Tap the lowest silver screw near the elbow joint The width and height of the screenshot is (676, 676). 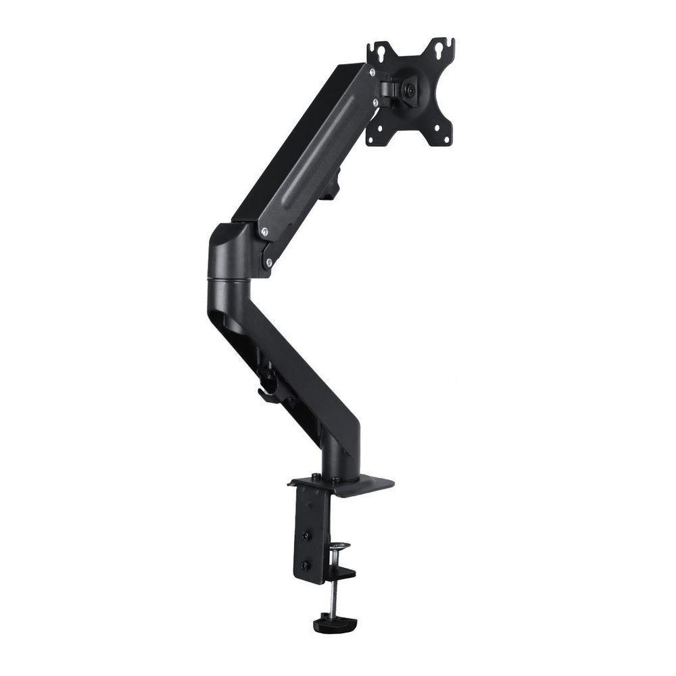pyautogui.click(x=269, y=262)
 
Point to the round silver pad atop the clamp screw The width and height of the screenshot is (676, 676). pyautogui.click(x=340, y=545)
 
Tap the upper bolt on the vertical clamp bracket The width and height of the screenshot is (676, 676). pyautogui.click(x=306, y=535)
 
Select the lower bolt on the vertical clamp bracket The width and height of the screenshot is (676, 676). pyautogui.click(x=306, y=565)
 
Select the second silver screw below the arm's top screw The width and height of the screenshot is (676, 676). pyautogui.click(x=375, y=102)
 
